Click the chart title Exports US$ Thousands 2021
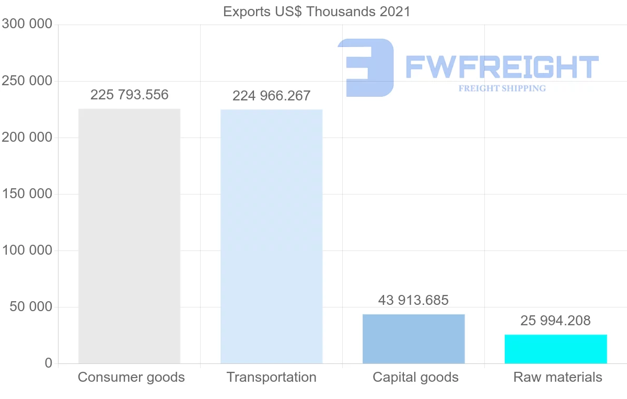click(317, 12)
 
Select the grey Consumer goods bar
click(129, 236)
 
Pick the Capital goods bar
click(413, 339)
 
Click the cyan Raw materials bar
click(555, 349)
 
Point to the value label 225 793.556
click(130, 95)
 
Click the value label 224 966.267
click(271, 96)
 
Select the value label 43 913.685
click(413, 300)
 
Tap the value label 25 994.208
click(555, 321)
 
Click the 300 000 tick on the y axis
click(27, 25)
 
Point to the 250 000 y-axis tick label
click(27, 81)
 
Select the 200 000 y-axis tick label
click(27, 138)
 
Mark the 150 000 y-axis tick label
click(27, 194)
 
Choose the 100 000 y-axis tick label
click(27, 250)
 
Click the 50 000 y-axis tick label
click(31, 307)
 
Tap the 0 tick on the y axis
click(49, 363)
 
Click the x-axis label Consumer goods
click(131, 377)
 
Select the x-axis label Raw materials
click(558, 377)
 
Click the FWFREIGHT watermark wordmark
click(502, 67)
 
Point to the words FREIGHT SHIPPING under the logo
click(502, 88)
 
